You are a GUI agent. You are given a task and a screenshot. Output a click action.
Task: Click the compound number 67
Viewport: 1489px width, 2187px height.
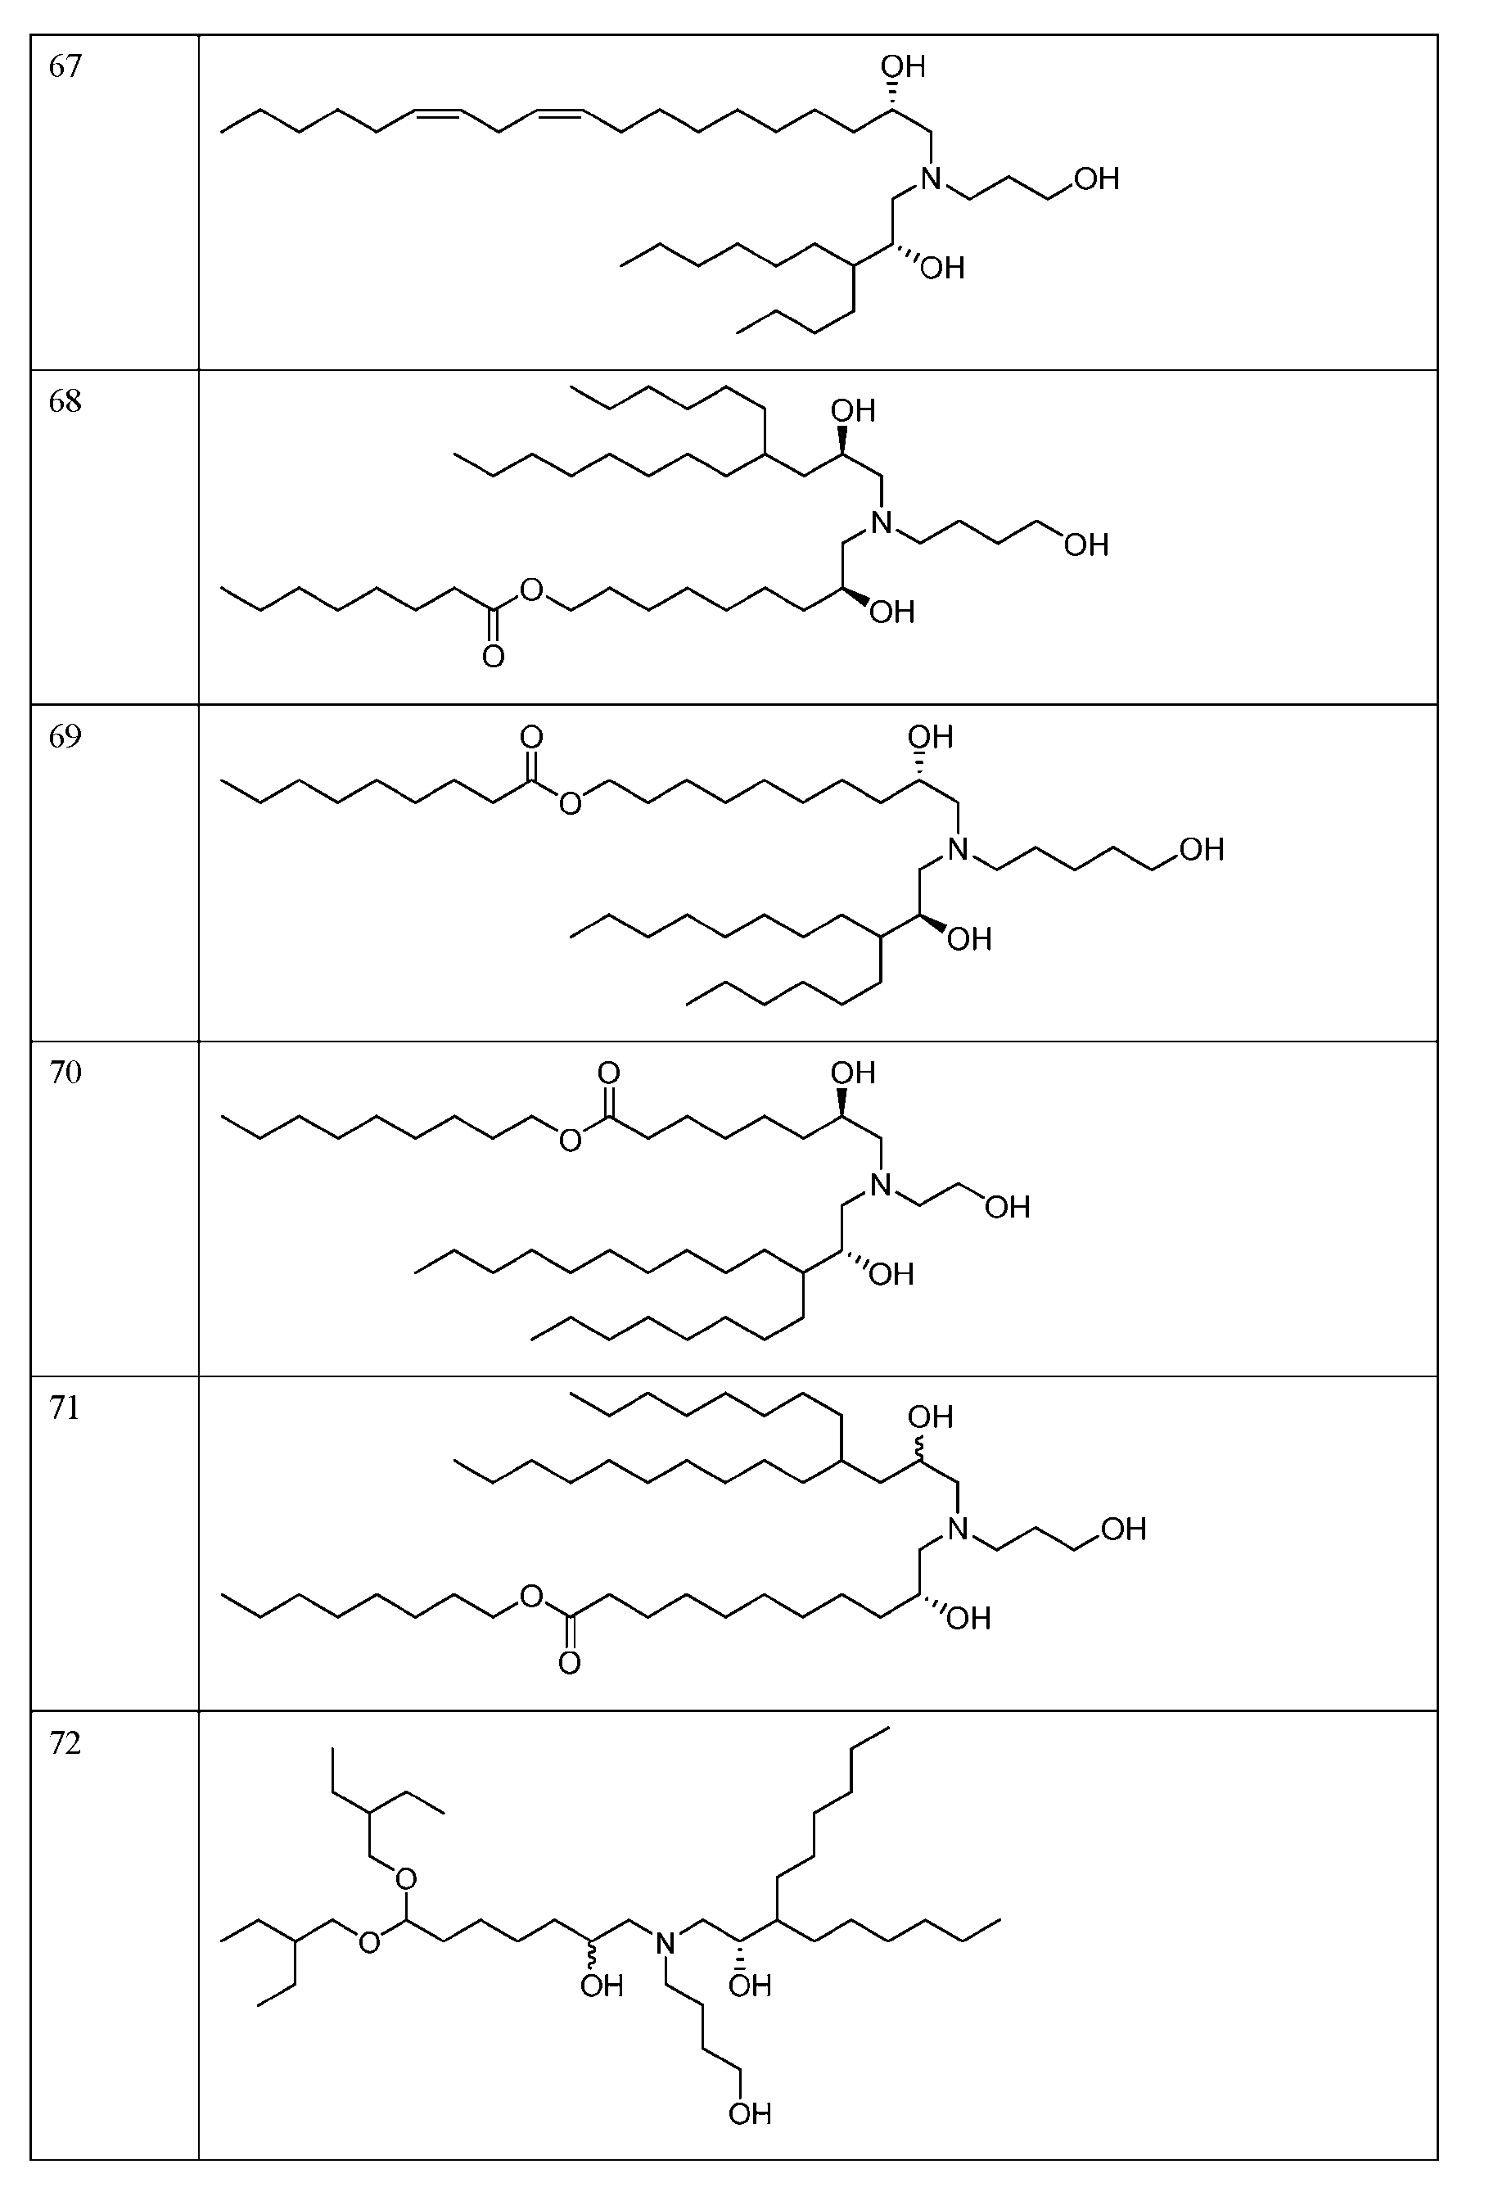[65, 67]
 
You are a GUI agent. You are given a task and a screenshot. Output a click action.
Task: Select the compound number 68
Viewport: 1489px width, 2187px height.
[65, 402]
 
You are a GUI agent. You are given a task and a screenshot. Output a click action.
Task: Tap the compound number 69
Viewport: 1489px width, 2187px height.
[65, 736]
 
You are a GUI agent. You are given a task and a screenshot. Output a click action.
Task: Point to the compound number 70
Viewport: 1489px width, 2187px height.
[65, 1072]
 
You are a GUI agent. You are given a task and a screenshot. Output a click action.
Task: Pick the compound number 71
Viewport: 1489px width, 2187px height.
[65, 1407]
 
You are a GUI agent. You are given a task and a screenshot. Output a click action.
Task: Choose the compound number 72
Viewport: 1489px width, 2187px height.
[65, 1743]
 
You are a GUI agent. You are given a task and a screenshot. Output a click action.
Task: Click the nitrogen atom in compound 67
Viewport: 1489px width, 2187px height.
[930, 178]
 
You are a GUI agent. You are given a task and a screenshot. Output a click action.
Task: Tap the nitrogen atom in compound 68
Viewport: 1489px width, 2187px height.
[881, 522]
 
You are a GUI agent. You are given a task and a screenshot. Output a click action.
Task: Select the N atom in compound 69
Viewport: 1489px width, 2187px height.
[957, 850]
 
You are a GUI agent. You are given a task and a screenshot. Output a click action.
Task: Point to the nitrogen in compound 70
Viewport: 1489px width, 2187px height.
[881, 1185]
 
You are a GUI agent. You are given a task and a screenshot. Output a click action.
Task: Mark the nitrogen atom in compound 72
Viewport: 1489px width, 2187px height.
[665, 1941]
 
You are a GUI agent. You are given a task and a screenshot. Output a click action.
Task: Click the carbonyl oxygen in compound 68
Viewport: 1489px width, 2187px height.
[493, 656]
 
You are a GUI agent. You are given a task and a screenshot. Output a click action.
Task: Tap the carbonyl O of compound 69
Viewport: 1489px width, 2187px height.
[531, 736]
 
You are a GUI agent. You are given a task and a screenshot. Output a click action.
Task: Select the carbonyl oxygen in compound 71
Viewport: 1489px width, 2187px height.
[569, 1664]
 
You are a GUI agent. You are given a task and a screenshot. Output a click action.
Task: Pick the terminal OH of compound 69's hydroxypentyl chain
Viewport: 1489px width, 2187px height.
[1201, 850]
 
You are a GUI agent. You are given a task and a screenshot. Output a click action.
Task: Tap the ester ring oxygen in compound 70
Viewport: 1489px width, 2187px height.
[569, 1141]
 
